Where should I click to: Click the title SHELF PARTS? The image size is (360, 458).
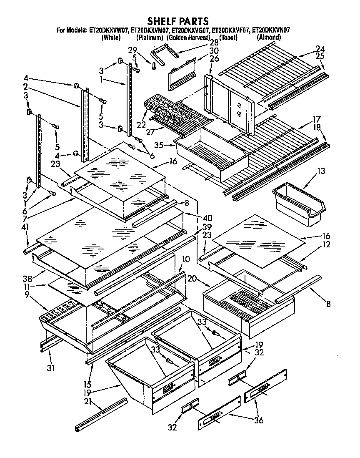178,20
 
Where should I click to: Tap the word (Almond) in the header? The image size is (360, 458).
269,37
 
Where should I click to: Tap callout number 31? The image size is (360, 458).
50,369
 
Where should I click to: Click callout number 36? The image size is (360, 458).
259,420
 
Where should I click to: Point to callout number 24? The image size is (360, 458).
320,48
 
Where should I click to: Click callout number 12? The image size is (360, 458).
327,245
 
